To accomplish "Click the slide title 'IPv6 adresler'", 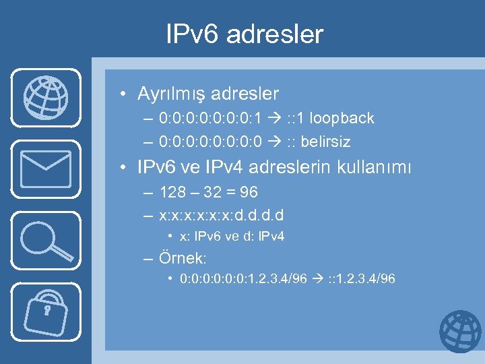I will (x=245, y=34).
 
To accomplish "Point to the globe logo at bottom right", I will (x=460, y=332).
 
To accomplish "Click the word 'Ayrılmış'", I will (x=169, y=94).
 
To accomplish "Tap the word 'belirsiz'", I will (x=327, y=142).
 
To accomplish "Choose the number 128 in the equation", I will (x=172, y=193).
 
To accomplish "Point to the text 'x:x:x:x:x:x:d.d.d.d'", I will (x=222, y=216).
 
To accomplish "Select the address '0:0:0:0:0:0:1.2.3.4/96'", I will (x=244, y=278).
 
